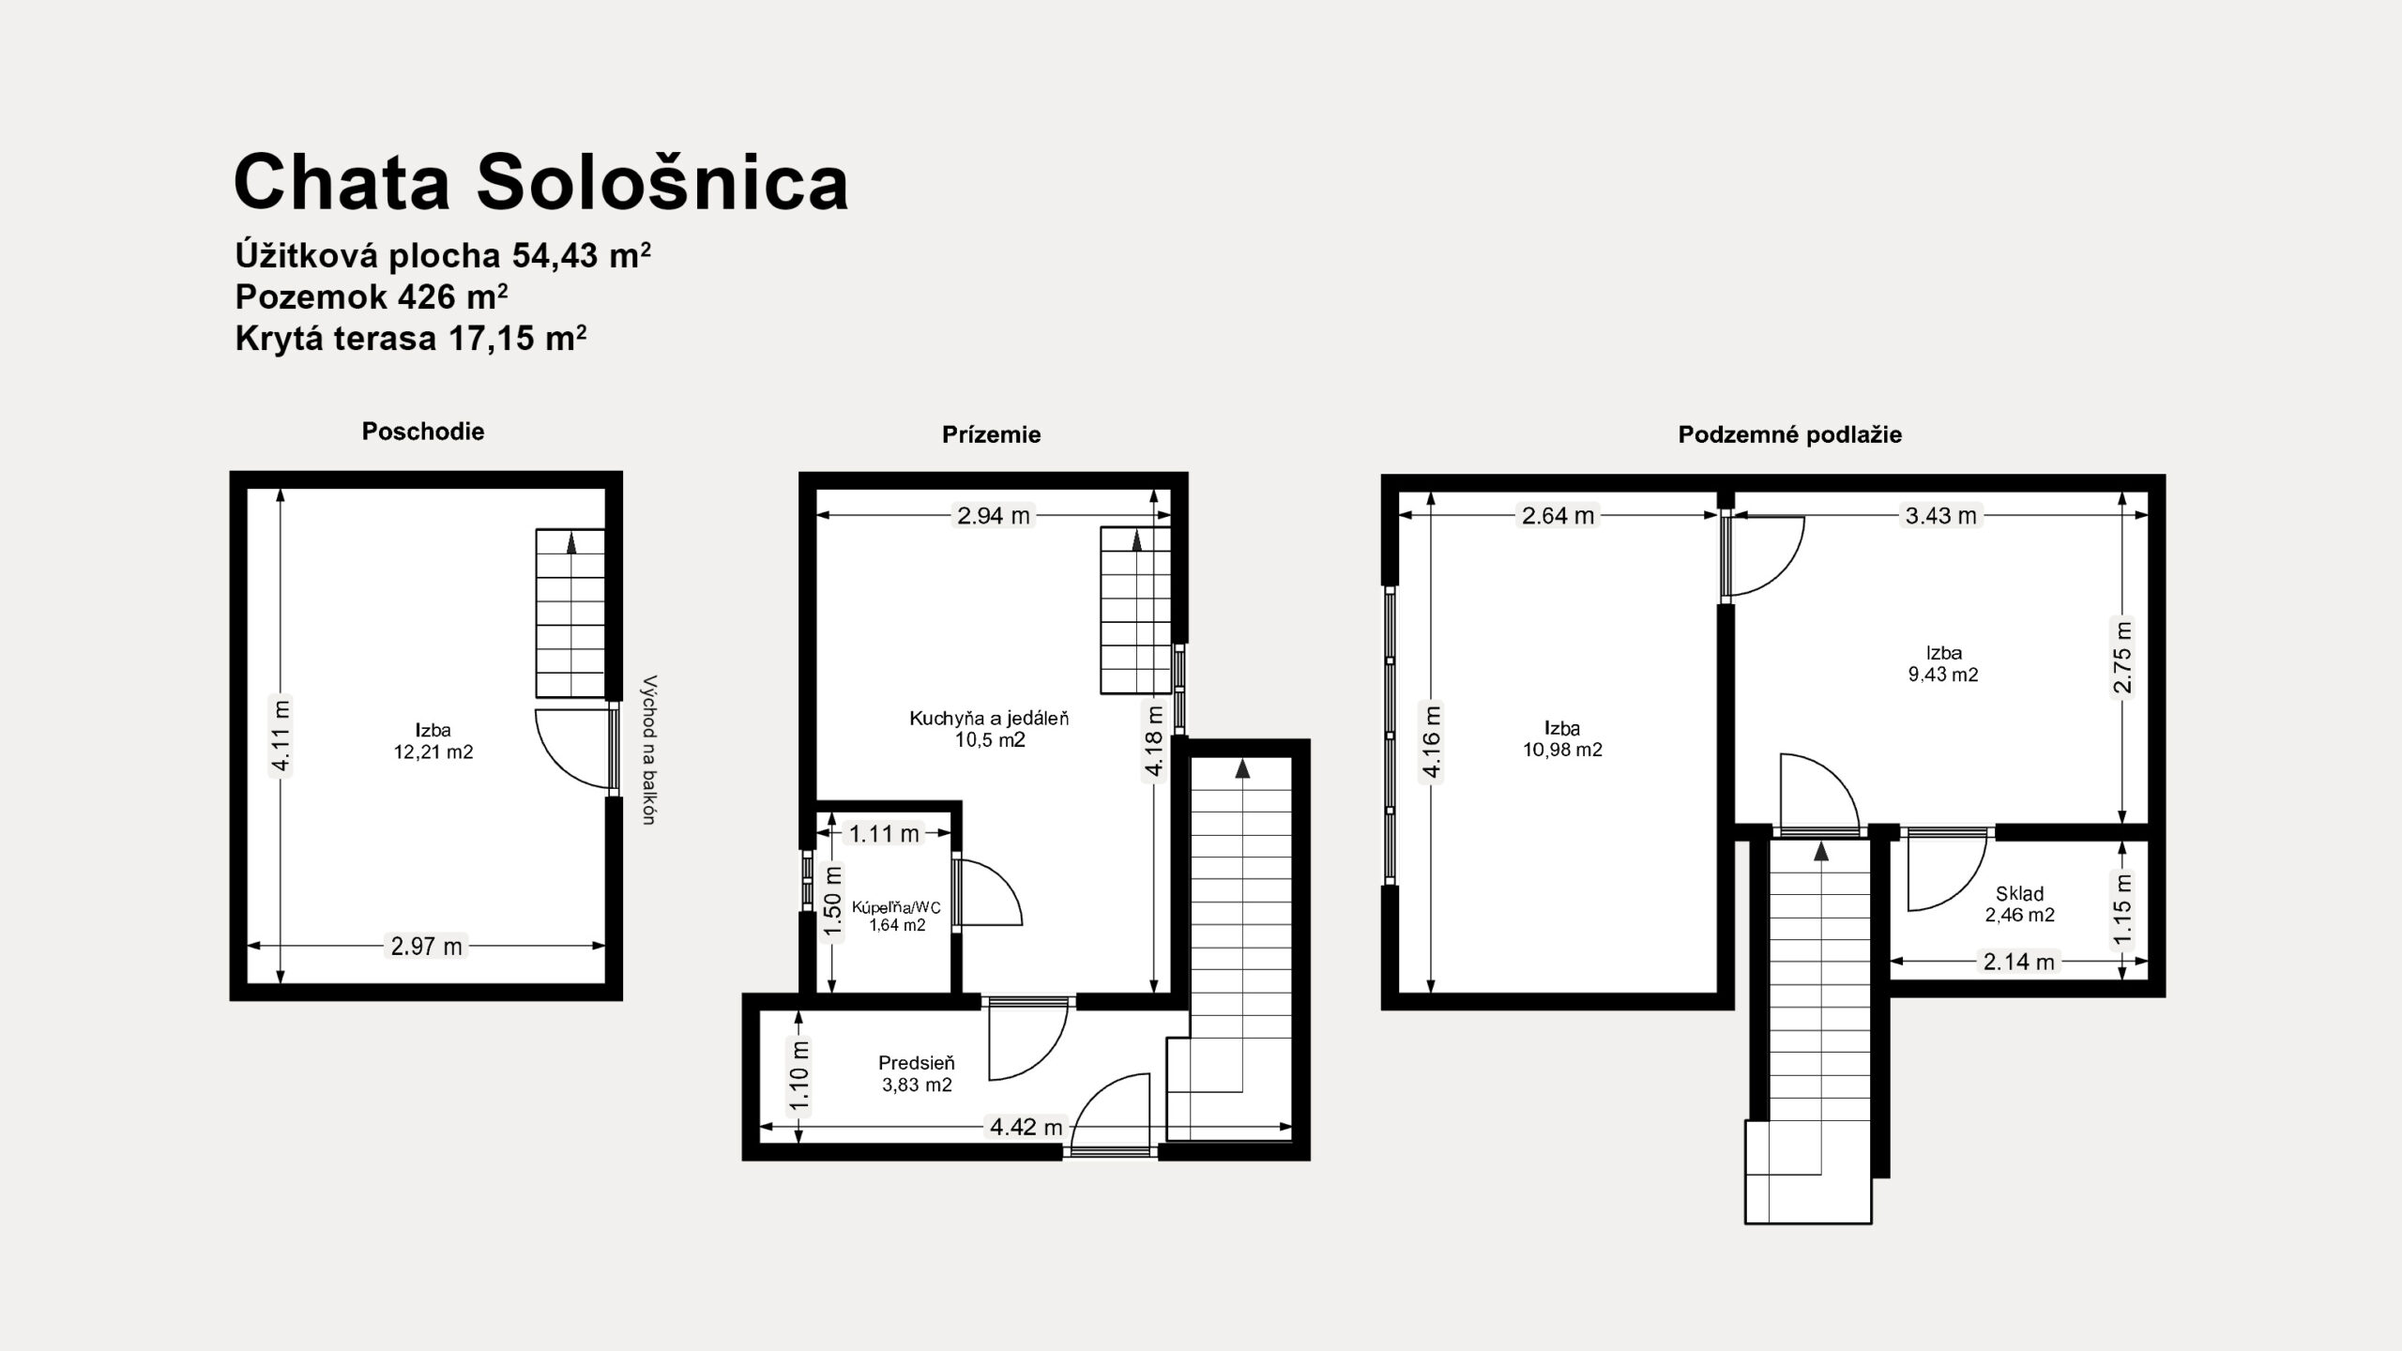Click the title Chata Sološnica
[541, 182]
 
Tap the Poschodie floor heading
[423, 432]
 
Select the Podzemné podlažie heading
[1790, 434]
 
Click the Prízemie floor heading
[992, 434]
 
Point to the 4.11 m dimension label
[281, 736]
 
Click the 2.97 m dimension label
[427, 947]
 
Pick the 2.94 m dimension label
[994, 515]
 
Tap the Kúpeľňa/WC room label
[896, 907]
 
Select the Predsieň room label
[917, 1063]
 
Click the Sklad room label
[2020, 894]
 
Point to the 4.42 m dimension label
[1026, 1127]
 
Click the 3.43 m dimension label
[1941, 515]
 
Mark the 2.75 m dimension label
[2122, 656]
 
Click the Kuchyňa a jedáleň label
[989, 719]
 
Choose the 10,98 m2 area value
[1562, 750]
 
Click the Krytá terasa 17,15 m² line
[411, 338]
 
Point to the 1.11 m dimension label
[884, 833]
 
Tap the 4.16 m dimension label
[1432, 742]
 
